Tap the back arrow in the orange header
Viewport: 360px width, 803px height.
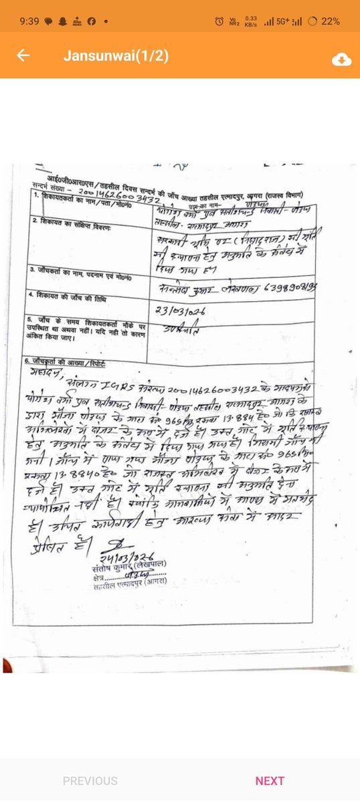pos(23,56)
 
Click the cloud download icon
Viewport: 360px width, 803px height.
pos(341,60)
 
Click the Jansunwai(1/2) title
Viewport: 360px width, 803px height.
pos(116,56)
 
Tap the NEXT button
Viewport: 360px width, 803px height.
pos(270,780)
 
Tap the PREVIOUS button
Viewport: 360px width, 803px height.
pos(90,780)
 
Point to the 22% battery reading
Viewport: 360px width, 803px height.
pos(330,21)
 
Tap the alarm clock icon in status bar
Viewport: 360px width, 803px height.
pos(219,21)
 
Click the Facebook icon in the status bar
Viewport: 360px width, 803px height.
pos(90,21)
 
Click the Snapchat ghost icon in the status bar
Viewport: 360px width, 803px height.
pos(62,21)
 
